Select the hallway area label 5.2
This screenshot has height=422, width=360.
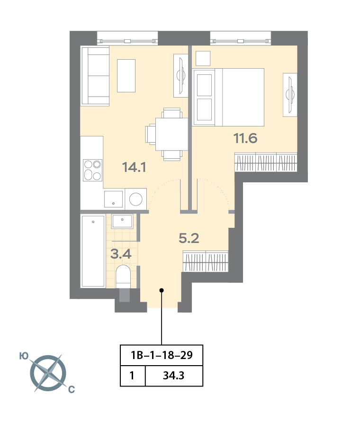click(189, 238)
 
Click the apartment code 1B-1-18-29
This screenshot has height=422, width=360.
click(161, 355)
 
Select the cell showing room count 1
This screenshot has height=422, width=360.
click(132, 377)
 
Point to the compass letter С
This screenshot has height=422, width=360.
click(71, 390)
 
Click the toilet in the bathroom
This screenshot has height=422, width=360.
click(123, 277)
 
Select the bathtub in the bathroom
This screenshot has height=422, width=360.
click(93, 251)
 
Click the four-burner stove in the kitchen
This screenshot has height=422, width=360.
click(92, 170)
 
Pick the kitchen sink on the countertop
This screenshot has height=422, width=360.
click(114, 199)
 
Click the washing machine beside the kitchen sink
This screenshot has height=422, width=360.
click(136, 198)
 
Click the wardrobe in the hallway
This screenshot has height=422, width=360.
click(206, 261)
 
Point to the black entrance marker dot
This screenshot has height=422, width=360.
click(162, 290)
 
